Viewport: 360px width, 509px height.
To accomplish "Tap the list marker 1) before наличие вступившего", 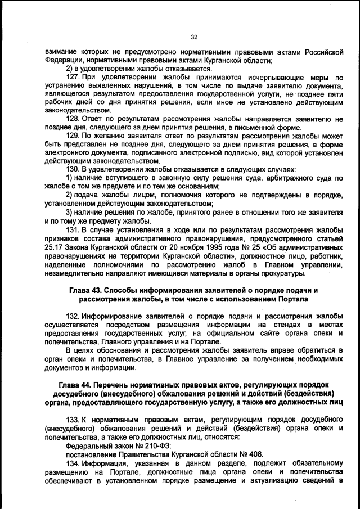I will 70,178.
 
